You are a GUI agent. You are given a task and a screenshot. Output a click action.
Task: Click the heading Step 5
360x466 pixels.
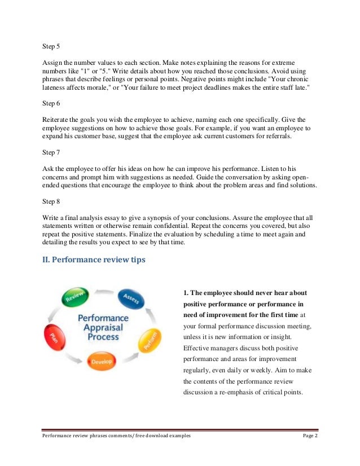pyautogui.click(x=52, y=46)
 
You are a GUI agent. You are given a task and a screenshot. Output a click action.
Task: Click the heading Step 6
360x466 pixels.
pyautogui.click(x=52, y=103)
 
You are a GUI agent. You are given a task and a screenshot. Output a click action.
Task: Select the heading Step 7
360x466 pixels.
pyautogui.click(x=52, y=152)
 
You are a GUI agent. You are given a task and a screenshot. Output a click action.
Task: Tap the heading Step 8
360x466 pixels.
pyautogui.click(x=52, y=201)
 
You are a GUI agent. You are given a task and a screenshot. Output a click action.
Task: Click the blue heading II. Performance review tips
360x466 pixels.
pyautogui.click(x=94, y=260)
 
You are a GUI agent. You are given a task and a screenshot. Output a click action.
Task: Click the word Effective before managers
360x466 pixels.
pyautogui.click(x=197, y=349)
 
